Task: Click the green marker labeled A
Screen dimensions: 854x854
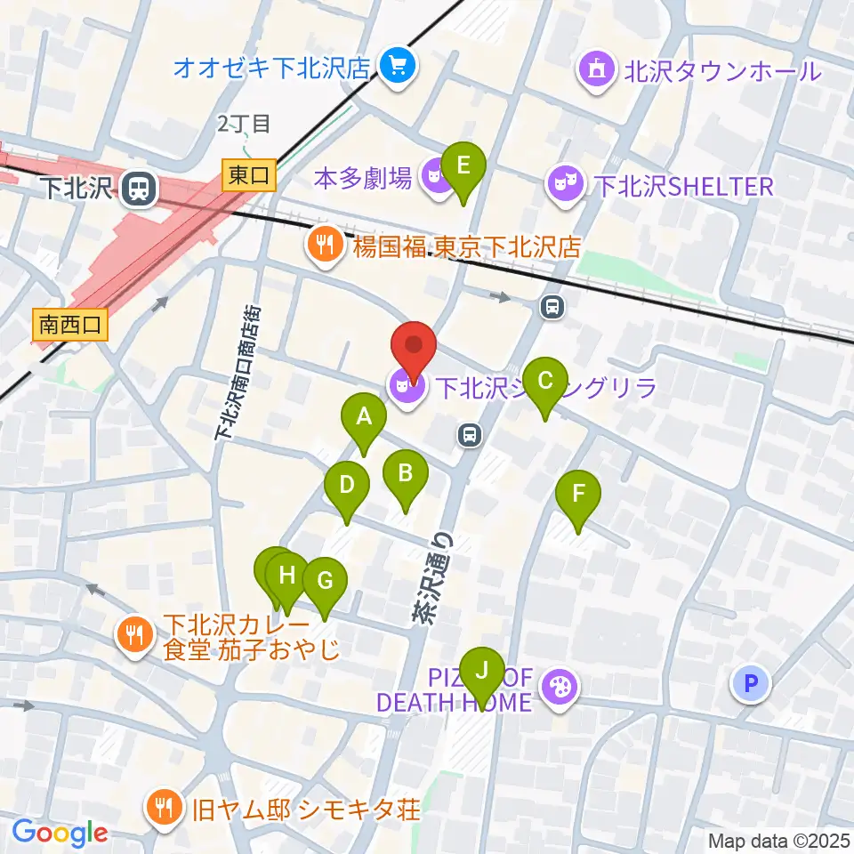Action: pos(364,415)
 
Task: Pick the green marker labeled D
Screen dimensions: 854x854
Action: pos(347,486)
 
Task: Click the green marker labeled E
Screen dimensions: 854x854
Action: pos(463,165)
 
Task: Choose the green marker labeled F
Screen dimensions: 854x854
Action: pos(578,493)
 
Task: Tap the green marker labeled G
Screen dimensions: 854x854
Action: pos(325,581)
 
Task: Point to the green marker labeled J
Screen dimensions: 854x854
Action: pos(482,669)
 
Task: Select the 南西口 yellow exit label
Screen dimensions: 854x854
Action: pos(69,325)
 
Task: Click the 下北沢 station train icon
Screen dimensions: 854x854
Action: pos(138,187)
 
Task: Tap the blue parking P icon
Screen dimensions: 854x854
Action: pos(752,683)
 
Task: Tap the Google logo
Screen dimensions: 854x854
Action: pos(60,833)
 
